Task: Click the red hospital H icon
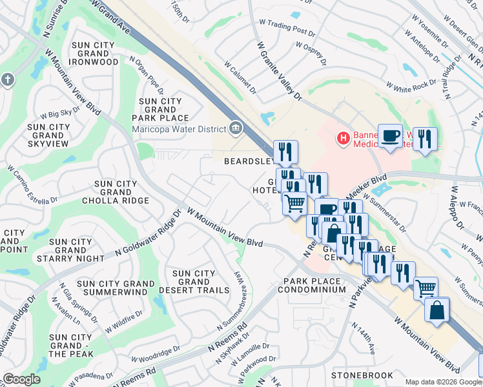pos(344,137)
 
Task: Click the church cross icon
pos(7,79)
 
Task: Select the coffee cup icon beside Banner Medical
pos(390,135)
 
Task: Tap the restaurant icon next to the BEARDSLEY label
pos(285,152)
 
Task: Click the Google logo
pos(21,379)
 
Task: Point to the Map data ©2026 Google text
pos(442,382)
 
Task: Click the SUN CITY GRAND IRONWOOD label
pos(95,54)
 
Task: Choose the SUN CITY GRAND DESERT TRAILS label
pos(194,282)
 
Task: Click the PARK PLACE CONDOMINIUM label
pos(312,286)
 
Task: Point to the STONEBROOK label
pos(362,375)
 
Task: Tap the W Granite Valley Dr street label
pos(279,71)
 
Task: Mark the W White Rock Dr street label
pos(411,85)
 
